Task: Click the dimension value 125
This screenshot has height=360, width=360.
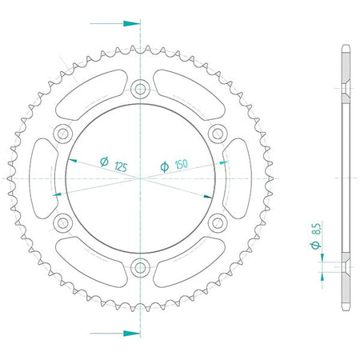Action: [x=121, y=166]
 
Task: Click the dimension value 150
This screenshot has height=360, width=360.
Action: [x=182, y=164]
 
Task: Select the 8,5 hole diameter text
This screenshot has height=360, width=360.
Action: [x=317, y=229]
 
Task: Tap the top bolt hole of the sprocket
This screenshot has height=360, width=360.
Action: [x=140, y=89]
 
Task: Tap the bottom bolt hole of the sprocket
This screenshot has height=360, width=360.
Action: [x=140, y=267]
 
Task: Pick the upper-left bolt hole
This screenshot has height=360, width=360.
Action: [x=63, y=133]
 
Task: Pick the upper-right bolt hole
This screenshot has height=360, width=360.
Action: [x=218, y=133]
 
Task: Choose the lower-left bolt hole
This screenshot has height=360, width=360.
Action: [x=63, y=223]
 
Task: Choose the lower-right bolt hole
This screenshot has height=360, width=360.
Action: [x=218, y=223]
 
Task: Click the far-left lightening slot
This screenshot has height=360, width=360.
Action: [x=42, y=178]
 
